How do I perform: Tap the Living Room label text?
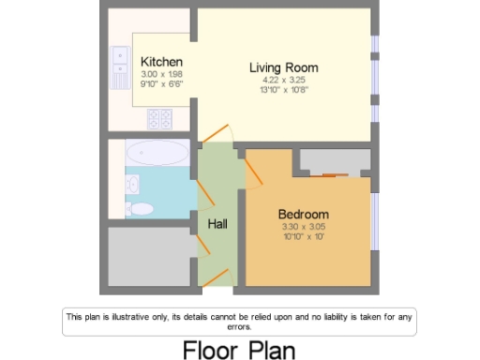coord(283,67)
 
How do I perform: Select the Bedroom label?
coord(304,215)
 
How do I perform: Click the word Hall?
coord(217,224)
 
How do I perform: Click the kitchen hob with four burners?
coord(159,118)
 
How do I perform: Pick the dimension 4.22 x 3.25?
coord(283,81)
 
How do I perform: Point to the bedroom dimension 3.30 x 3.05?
coord(304,227)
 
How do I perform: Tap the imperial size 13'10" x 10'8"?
coord(283,90)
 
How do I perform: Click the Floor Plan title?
coord(238,349)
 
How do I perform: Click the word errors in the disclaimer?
coord(238,327)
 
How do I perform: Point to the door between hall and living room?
coord(218,135)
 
